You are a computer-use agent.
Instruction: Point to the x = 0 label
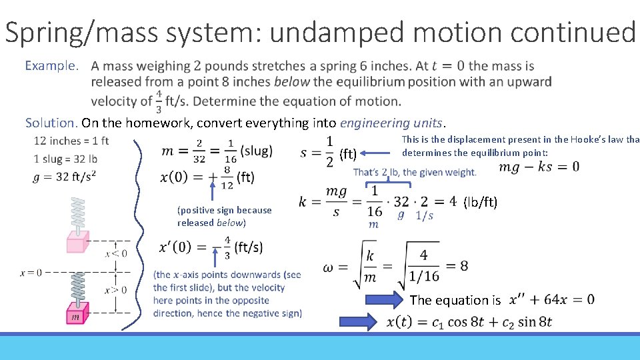(x=31, y=272)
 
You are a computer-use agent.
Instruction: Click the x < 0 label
(x=116, y=253)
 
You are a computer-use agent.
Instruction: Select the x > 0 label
(x=116, y=290)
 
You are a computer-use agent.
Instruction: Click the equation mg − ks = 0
(x=539, y=166)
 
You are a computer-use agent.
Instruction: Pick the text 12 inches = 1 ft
(x=71, y=141)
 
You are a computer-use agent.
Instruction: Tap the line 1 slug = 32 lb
(x=65, y=159)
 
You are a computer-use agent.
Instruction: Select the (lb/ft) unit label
(x=480, y=202)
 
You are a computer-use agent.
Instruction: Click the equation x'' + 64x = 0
(x=551, y=299)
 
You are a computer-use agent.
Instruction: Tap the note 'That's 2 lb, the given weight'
(x=415, y=172)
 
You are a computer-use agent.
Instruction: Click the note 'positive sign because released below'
(x=224, y=216)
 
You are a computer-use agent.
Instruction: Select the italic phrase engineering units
(x=391, y=123)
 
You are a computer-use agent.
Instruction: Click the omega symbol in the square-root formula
(x=328, y=267)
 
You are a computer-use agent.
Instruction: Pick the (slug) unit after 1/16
(x=256, y=151)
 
